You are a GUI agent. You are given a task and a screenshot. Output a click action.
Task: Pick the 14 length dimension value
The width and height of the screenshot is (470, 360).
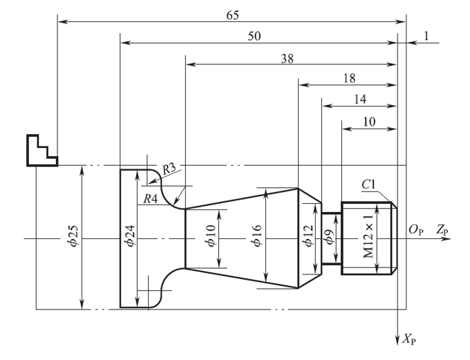pyautogui.click(x=359, y=99)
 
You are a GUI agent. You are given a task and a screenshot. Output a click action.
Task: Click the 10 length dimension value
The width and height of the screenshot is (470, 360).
pyautogui.click(x=369, y=120)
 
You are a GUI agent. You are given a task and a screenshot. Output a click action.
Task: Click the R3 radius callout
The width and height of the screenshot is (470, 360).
pyautogui.click(x=170, y=169)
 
